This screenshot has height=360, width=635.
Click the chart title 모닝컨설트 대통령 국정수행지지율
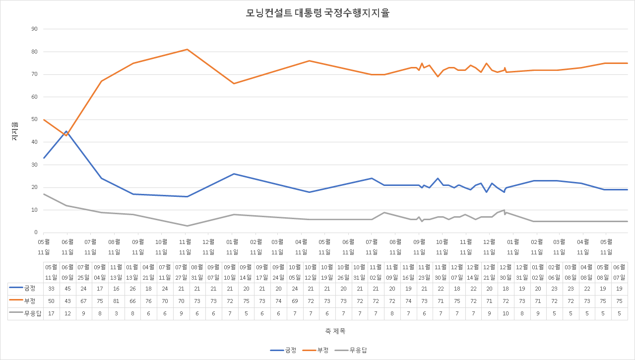coord(317,13)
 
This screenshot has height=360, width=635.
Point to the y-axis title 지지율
coord(14,131)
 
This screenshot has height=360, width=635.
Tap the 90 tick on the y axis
coord(34,29)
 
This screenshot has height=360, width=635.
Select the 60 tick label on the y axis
coord(34,97)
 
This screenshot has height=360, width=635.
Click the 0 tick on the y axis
coord(36,233)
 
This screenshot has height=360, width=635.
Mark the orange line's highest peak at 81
coord(187,49)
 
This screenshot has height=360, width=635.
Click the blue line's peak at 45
coord(66,131)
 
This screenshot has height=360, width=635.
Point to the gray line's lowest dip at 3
coord(187,226)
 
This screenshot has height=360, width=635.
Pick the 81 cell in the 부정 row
coord(116,301)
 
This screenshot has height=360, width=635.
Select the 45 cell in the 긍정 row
coord(67,289)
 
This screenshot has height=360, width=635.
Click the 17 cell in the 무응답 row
coord(52,313)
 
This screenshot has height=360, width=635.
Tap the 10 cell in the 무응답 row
coord(506,313)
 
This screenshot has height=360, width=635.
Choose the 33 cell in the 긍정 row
coord(52,289)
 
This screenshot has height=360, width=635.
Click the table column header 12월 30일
coord(506,272)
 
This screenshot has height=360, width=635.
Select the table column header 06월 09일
coord(67,272)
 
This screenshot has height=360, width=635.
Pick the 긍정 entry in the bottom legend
coord(284,351)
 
